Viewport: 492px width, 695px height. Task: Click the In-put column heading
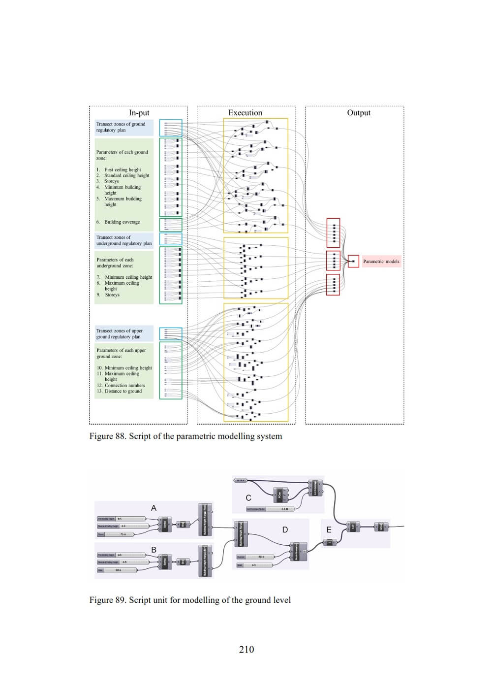[139, 113]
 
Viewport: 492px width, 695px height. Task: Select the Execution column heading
[245, 113]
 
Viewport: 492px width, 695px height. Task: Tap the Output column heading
[359, 113]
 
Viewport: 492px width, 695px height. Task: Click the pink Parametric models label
[381, 261]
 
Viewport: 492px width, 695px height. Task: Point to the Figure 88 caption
[185, 436]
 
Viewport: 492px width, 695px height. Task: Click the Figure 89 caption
[190, 600]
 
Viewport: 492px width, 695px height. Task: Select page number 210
[246, 649]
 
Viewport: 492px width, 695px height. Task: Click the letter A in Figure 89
[154, 508]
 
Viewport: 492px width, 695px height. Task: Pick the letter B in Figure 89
[154, 550]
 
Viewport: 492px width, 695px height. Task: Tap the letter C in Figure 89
[248, 498]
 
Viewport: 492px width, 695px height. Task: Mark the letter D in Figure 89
[285, 530]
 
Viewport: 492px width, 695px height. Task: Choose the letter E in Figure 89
[329, 530]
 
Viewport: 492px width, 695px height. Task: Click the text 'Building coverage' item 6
[122, 222]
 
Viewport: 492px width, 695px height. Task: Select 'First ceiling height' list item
[123, 169]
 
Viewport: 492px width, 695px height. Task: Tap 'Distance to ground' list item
[123, 391]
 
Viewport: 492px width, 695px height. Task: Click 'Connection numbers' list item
[124, 385]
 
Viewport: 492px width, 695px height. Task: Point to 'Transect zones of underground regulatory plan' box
[124, 240]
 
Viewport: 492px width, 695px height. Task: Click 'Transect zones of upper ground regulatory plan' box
[124, 334]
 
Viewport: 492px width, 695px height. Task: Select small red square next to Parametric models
[353, 261]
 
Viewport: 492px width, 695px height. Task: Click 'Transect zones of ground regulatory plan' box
[124, 127]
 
